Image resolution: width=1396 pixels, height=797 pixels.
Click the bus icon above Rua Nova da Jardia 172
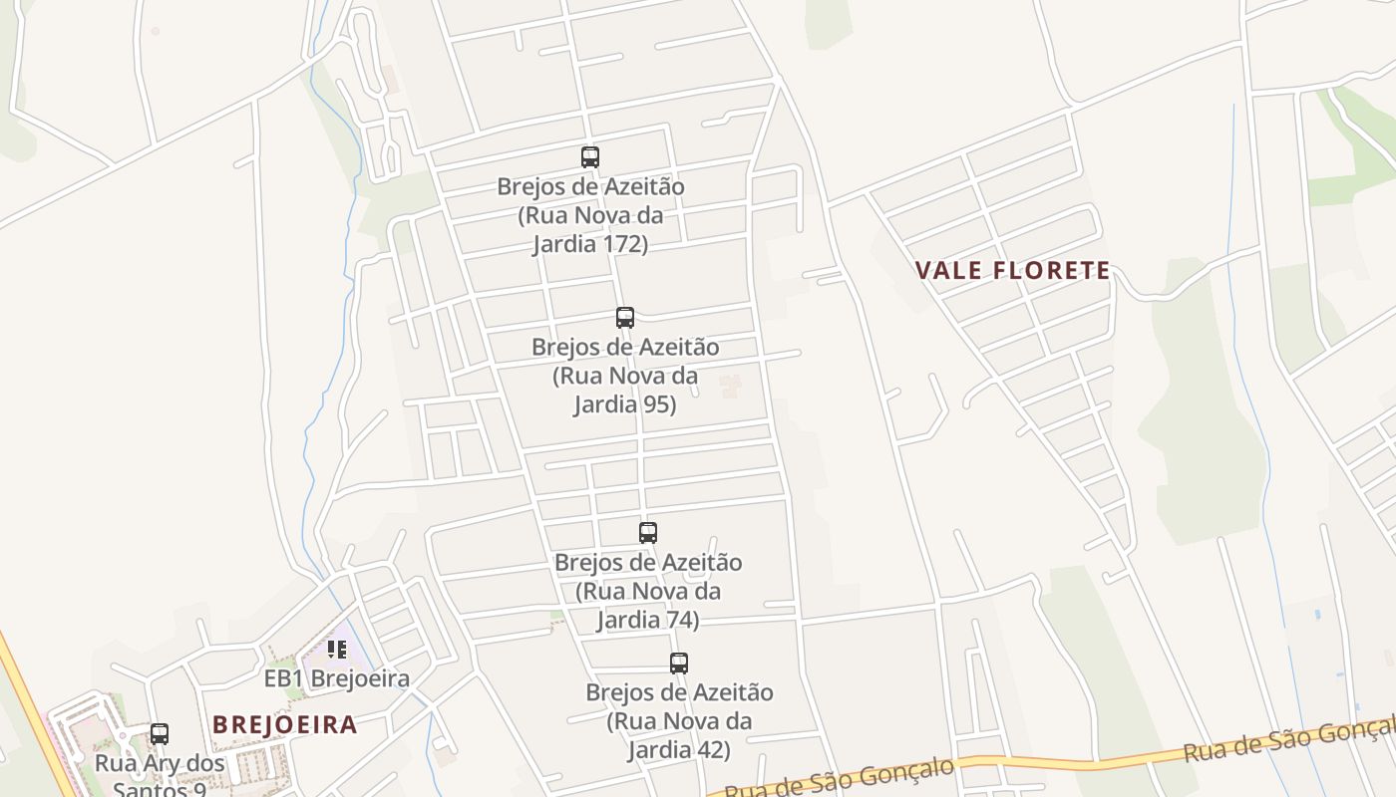coord(590,156)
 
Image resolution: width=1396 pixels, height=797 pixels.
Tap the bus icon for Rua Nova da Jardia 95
coord(625,318)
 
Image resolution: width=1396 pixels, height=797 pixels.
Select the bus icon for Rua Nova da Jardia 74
coord(648,532)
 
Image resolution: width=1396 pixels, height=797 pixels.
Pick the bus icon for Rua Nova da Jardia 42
coord(679,663)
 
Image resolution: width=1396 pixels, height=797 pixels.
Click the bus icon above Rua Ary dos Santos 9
coord(160,734)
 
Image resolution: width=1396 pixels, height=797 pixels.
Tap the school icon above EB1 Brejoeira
coord(337,650)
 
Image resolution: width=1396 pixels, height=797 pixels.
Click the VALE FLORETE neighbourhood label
coord(1012,270)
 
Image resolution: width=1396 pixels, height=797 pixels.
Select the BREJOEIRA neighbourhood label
coord(285,724)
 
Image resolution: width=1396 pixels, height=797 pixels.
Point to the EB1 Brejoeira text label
coord(337,679)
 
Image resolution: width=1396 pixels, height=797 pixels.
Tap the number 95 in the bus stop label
coord(659,404)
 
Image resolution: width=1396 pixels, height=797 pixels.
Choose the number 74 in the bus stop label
coord(681,620)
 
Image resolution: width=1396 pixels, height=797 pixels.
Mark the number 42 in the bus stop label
coord(712,749)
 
